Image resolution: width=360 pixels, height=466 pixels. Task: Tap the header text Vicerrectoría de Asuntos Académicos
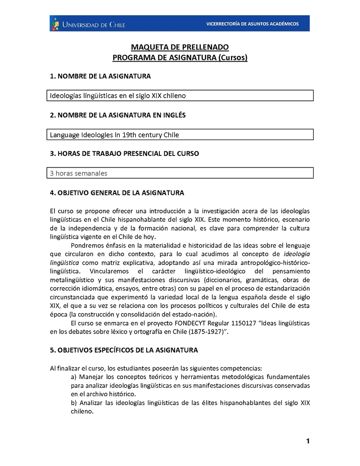[252, 24]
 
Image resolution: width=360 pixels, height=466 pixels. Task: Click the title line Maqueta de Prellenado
[180, 47]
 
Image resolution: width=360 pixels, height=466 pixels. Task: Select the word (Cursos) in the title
[233, 58]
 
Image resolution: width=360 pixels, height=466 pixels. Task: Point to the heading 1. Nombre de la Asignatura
[100, 77]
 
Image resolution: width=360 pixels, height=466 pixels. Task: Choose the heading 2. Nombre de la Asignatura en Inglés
[117, 115]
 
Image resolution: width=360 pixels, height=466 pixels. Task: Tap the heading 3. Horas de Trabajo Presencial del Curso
[124, 154]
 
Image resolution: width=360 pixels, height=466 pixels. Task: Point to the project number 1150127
[247, 323]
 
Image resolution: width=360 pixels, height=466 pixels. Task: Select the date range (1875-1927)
[204, 332]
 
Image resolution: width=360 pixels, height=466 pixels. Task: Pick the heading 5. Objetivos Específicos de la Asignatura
[124, 350]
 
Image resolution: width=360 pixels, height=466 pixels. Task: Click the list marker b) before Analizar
[75, 403]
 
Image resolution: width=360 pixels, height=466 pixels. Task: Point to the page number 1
[308, 441]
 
